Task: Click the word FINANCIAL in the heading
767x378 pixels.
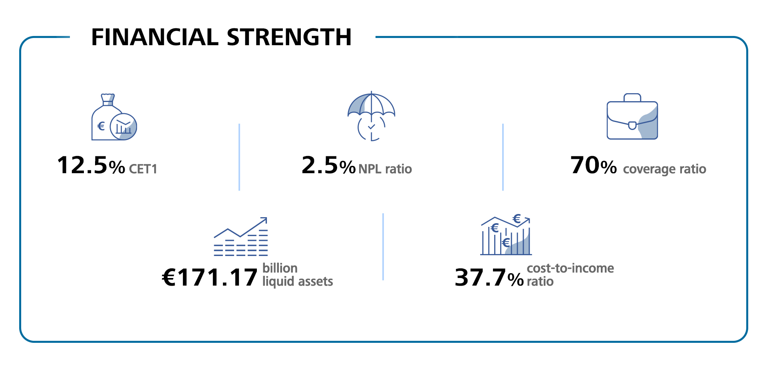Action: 155,37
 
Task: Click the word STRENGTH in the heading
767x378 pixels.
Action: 289,37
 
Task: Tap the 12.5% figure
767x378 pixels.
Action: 91,165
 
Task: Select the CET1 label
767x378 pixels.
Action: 143,169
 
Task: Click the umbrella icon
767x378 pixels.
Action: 371,116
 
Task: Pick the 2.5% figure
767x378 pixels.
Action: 328,165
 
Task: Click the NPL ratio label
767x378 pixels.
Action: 385,169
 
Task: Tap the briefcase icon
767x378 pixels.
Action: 632,116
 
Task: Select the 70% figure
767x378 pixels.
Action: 594,165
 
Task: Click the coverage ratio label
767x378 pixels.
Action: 665,169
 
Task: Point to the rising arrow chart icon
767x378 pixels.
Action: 241,236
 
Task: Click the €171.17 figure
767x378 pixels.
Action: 210,278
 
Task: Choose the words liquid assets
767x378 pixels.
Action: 298,282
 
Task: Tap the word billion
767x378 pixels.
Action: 280,268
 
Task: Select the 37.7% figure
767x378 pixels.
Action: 489,278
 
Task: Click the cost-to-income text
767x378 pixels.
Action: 570,268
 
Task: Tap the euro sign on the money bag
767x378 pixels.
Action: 101,126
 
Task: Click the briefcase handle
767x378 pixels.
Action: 632,97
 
